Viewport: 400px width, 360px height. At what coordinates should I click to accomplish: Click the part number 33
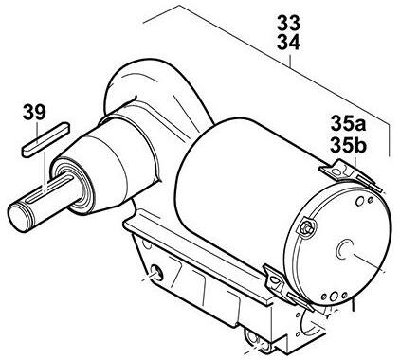pos(288,23)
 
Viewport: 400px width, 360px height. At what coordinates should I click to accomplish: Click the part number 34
pos(288,43)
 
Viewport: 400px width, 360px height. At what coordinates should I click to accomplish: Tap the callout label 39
pos(34,113)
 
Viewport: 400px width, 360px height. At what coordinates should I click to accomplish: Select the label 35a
pos(348,123)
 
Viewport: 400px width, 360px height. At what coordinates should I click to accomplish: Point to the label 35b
pos(348,145)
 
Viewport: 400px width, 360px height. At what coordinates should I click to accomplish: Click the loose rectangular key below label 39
pos(45,139)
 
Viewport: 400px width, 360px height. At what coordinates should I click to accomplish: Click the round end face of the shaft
pos(18,217)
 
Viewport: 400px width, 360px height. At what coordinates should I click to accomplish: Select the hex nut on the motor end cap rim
pos(305,226)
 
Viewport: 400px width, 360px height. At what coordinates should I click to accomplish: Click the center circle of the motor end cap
pos(345,248)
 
